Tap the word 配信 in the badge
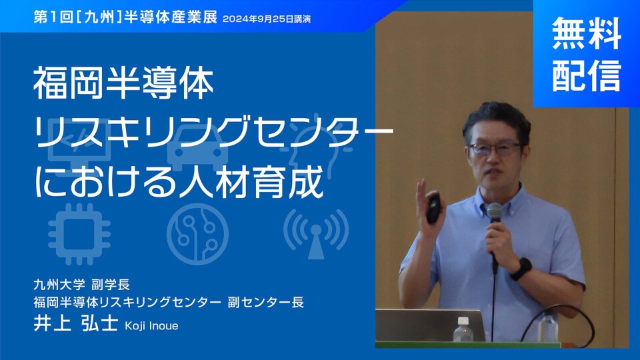pyautogui.click(x=587, y=75)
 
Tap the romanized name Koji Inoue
pyautogui.click(x=151, y=326)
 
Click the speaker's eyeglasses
pyautogui.click(x=495, y=149)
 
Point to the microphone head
pyautogui.click(x=494, y=213)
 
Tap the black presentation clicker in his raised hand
pyautogui.click(x=434, y=208)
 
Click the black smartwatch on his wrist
pyautogui.click(x=521, y=269)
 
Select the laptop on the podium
pyautogui.click(x=429, y=327)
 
